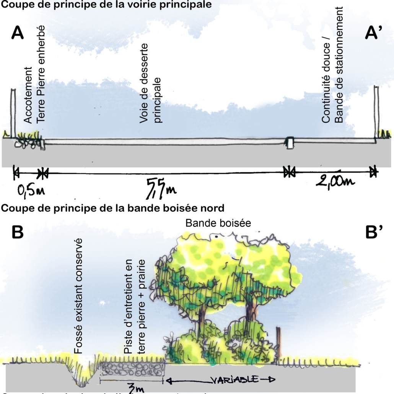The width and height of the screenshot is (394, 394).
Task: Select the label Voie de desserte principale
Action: [x=151, y=83]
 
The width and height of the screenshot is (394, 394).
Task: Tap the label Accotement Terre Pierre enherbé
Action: [x=34, y=74]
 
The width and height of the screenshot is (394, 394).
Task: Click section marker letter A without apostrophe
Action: [x=18, y=34]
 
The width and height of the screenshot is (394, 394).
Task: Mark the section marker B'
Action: [x=374, y=233]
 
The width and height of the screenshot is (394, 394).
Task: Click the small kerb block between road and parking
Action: [x=290, y=142]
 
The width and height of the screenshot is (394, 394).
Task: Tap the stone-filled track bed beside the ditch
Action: [x=132, y=370]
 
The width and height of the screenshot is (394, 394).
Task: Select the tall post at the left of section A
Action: [x=13, y=113]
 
